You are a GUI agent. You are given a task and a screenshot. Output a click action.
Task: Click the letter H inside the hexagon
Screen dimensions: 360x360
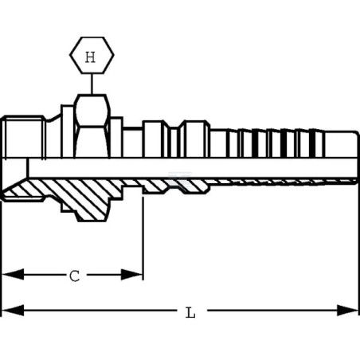90,57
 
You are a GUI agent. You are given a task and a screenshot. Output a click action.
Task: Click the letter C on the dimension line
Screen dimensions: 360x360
75,276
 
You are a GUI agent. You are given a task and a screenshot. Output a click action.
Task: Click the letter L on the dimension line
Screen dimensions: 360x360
190,312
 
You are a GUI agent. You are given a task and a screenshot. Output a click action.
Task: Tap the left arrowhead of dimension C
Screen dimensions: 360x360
13,274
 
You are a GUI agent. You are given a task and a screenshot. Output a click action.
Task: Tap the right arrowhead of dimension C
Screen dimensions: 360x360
132,274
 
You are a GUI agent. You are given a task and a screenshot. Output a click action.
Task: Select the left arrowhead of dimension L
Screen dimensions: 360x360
13,310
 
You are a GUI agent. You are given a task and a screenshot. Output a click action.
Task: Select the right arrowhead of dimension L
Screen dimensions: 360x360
347,310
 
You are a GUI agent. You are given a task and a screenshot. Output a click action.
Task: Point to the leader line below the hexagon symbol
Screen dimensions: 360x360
92,84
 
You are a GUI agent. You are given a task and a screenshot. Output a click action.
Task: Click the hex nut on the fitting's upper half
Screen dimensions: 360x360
92,126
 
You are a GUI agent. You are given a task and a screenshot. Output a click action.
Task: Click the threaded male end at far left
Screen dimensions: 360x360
23,137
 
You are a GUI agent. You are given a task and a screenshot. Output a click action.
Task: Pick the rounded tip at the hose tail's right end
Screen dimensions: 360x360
356,145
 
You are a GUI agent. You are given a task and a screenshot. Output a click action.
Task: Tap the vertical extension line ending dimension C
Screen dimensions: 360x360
143,238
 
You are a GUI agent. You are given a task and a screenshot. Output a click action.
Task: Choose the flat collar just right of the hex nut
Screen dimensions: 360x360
116,138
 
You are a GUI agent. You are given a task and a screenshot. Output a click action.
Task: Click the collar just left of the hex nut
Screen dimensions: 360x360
68,131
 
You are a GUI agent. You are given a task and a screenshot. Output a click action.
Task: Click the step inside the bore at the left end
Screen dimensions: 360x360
27,168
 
